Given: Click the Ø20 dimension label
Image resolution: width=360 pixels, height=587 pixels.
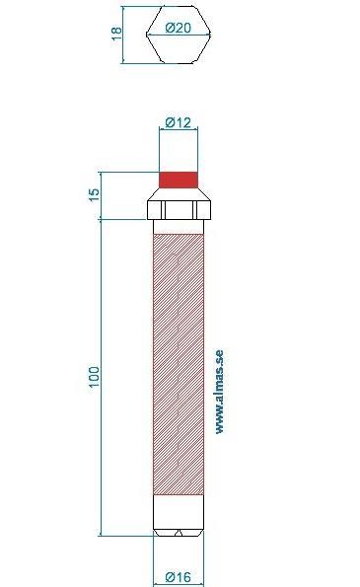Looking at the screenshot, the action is [178, 28].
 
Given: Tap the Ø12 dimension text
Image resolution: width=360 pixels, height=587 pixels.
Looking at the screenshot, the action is [179, 122].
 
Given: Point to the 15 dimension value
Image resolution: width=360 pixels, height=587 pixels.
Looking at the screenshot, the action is [95, 194].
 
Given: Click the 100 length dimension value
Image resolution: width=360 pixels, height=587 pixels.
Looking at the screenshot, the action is [95, 376].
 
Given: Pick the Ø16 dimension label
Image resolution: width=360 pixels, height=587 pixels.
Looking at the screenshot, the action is [179, 576].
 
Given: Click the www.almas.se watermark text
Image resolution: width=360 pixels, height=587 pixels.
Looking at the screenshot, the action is [219, 392].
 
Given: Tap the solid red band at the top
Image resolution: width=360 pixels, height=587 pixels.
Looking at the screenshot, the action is [179, 180].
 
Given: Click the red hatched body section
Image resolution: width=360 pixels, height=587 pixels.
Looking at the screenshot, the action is [179, 364].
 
